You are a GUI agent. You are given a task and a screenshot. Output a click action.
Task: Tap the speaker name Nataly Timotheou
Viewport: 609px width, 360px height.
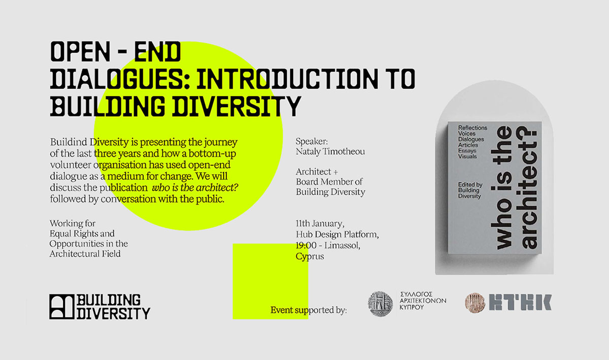[330, 151]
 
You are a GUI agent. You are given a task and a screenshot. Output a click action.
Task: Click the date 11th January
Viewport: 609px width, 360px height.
[320, 224]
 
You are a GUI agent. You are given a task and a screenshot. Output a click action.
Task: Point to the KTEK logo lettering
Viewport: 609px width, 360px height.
[520, 302]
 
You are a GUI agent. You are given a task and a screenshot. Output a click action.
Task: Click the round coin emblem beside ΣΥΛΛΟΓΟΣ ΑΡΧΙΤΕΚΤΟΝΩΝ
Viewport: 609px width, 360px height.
[380, 304]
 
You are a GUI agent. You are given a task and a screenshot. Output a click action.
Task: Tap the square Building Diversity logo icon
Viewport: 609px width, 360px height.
[62, 306]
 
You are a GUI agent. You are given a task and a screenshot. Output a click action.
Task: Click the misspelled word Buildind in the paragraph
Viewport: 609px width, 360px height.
[69, 142]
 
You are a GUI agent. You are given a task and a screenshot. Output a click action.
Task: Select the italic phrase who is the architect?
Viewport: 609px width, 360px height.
[195, 187]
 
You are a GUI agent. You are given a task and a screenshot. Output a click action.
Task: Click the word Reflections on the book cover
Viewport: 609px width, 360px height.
[472, 127]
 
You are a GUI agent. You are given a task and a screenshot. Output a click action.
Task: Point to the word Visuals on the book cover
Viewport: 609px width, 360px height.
[467, 156]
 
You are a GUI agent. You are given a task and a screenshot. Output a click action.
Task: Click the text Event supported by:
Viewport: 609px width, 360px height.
[309, 310]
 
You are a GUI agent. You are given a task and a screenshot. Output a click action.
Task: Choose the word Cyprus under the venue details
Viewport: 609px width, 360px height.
[310, 256]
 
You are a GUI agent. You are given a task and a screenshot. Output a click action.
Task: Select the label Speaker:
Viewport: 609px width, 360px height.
[312, 142]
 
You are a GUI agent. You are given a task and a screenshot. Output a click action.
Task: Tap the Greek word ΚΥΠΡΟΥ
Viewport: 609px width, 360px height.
[412, 308]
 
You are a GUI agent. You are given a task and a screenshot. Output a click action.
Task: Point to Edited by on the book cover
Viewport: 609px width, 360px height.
[470, 184]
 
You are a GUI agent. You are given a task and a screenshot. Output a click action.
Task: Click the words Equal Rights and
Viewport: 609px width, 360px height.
[82, 234]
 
